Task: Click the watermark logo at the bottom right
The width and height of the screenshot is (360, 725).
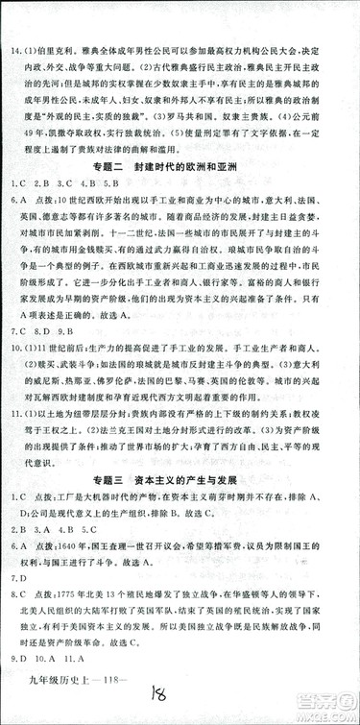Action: coord(322,708)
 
